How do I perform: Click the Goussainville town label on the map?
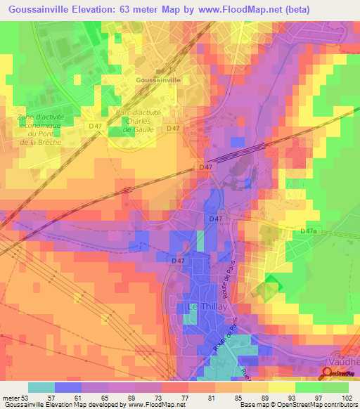click(158, 81)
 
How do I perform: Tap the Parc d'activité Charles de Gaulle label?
click(138, 121)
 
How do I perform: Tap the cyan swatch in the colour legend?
click(41, 387)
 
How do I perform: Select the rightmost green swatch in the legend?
click(335, 387)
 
